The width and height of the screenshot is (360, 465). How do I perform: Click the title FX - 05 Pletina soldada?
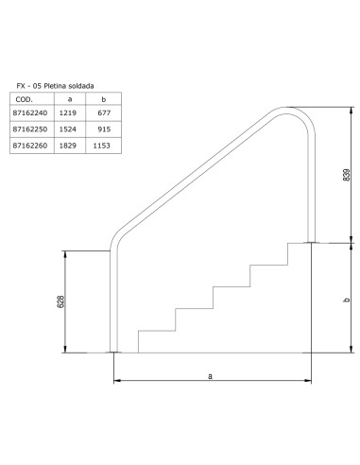click(53, 84)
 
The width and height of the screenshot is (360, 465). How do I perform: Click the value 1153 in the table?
click(104, 147)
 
